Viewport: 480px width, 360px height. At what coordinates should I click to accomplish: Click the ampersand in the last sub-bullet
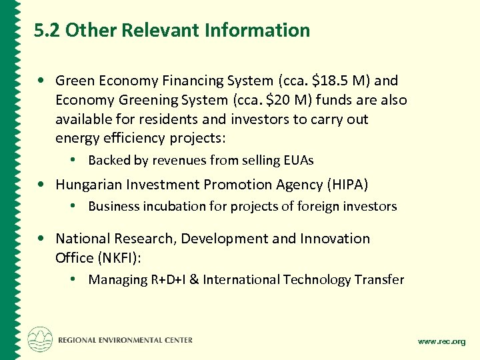[194, 280]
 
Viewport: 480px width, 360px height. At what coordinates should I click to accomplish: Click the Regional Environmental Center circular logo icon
[40, 339]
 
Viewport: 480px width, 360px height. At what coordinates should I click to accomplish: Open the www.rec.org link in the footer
[441, 342]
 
